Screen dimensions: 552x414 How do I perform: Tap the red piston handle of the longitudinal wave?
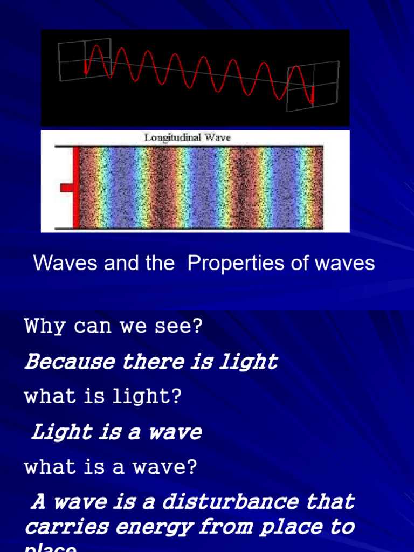coord(66,188)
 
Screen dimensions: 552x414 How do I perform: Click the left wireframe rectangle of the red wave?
coord(85,59)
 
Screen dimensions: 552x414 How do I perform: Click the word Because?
coord(69,362)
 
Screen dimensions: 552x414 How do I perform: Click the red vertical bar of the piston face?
coord(76,188)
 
